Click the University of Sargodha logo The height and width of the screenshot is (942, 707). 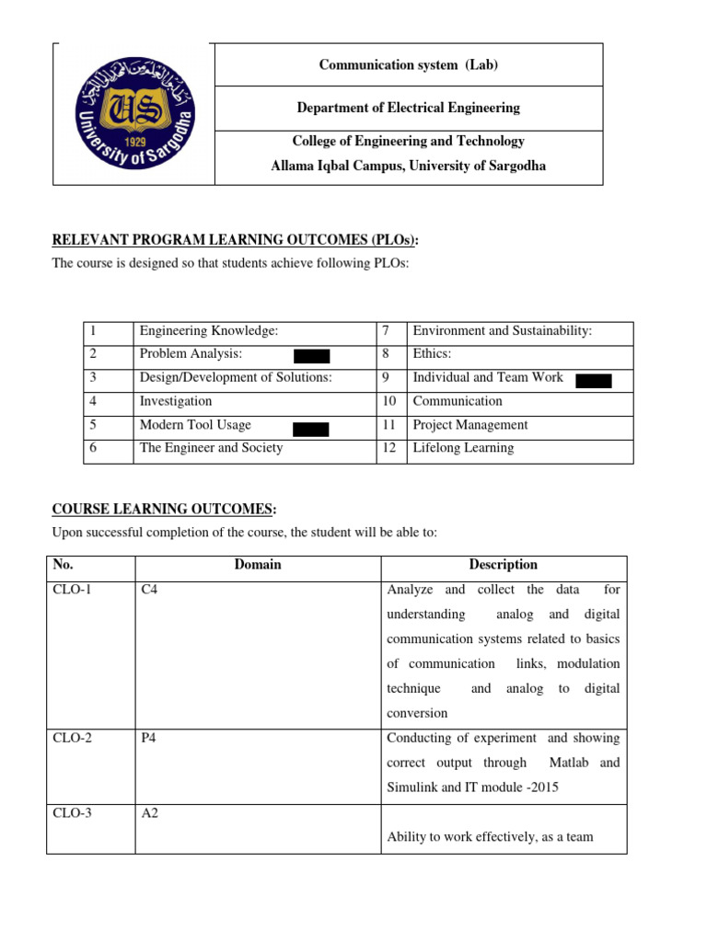[x=134, y=113]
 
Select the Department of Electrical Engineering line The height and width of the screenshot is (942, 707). [x=408, y=108]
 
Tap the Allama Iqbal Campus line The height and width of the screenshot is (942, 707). [x=408, y=166]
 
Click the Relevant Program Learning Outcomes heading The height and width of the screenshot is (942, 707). [x=235, y=241]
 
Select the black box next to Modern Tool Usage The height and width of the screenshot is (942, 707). [x=311, y=428]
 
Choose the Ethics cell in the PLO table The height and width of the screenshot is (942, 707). [x=433, y=354]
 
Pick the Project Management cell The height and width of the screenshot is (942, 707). [x=470, y=425]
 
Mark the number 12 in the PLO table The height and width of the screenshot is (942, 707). [x=388, y=448]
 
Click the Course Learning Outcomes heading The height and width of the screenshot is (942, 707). [x=164, y=509]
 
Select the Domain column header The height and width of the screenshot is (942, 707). [x=258, y=565]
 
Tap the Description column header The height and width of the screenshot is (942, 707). [x=503, y=565]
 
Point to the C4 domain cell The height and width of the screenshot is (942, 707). [x=149, y=590]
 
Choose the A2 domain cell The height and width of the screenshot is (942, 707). [x=149, y=812]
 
